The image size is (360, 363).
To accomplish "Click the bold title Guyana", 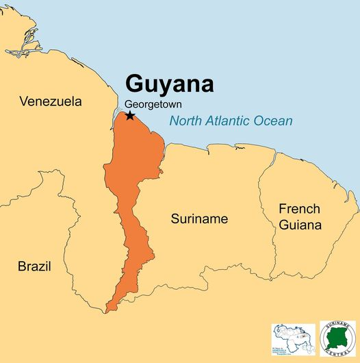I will pyautogui.click(x=169, y=84).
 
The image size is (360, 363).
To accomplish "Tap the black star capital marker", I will pyautogui.click(x=130, y=116).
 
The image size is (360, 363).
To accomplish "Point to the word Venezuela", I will pyautogui.click(x=51, y=101).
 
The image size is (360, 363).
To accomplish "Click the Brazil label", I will pyautogui.click(x=34, y=266).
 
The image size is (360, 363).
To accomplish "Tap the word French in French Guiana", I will pyautogui.click(x=299, y=208).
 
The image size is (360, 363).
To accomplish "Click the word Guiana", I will pyautogui.click(x=299, y=224).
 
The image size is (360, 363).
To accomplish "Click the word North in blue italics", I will pyautogui.click(x=185, y=121).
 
